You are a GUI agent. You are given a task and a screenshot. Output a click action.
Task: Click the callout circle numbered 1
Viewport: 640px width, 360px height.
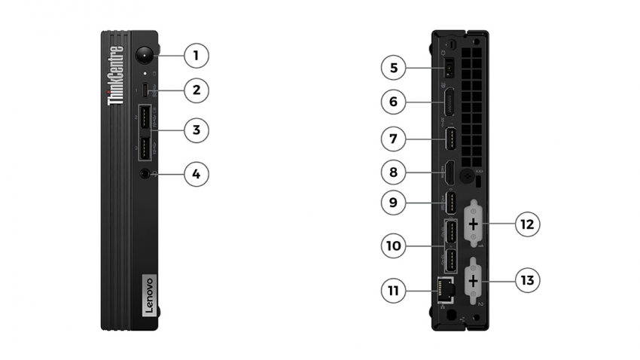(x=196, y=55)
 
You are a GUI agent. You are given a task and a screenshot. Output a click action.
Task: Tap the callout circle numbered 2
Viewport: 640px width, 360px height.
(x=196, y=90)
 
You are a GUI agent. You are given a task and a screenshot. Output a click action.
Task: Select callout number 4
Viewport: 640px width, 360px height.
(x=196, y=174)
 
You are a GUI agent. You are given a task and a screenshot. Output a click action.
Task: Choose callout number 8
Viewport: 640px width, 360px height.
(x=393, y=173)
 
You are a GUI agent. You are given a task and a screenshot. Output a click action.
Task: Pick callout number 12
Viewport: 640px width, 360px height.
(x=527, y=224)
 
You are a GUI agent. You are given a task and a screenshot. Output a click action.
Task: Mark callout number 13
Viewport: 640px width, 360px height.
(x=527, y=280)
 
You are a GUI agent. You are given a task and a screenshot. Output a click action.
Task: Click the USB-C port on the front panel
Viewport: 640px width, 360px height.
(x=146, y=91)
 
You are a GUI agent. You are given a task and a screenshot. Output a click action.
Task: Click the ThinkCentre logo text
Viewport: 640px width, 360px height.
(x=116, y=75)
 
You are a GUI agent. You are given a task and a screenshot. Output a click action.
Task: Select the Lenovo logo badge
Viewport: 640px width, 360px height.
(x=147, y=294)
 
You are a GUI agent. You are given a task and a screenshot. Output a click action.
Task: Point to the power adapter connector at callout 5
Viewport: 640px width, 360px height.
(x=449, y=69)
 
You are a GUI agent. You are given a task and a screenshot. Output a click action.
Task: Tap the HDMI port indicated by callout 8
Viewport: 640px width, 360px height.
(x=450, y=174)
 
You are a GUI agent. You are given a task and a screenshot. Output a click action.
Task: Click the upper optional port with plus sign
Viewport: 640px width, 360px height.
(x=474, y=224)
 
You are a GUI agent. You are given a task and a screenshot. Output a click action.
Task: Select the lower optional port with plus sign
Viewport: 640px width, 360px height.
(x=474, y=280)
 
